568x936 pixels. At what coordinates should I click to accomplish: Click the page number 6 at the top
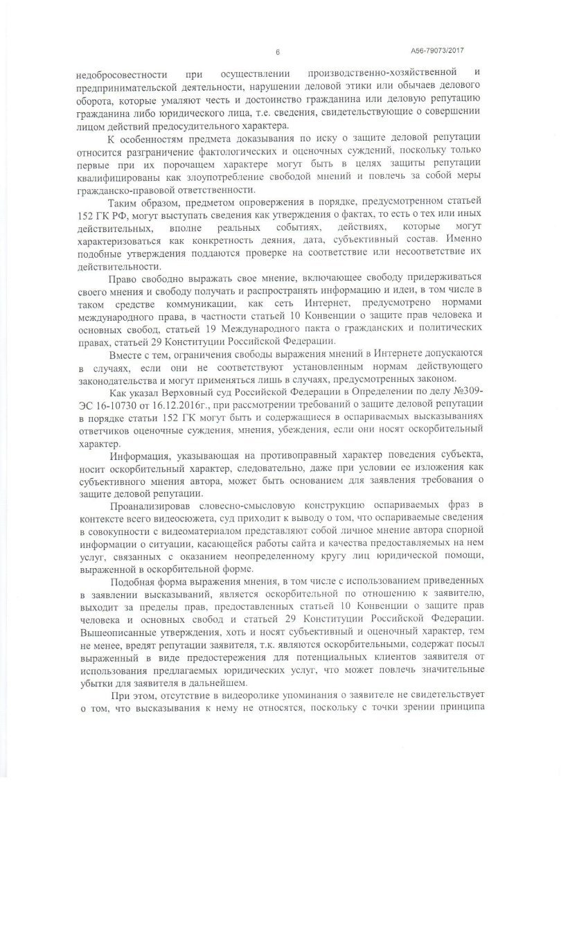coord(277,52)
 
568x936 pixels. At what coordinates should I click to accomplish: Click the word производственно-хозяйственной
coord(386,72)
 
